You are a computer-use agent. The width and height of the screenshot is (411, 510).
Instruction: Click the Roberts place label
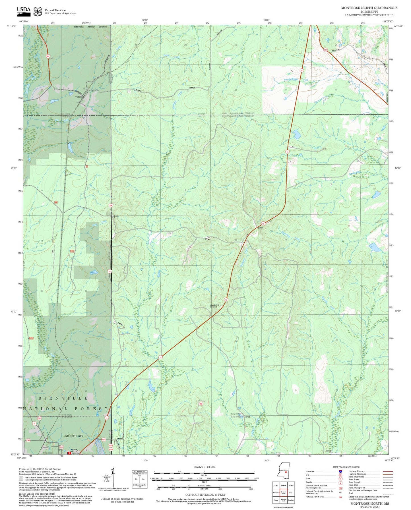(79, 97)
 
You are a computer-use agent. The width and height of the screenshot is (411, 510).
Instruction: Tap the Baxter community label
(261, 228)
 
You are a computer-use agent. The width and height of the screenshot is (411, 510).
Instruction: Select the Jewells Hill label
(214, 305)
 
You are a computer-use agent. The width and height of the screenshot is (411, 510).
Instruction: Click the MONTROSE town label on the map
(74, 436)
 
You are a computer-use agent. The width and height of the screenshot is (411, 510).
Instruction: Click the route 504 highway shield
(325, 50)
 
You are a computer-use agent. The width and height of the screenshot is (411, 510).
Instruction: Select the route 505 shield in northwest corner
(48, 56)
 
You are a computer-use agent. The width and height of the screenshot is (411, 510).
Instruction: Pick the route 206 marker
(201, 404)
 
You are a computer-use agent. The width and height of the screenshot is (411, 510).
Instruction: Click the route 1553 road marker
(104, 439)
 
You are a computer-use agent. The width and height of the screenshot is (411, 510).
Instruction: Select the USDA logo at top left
(24, 11)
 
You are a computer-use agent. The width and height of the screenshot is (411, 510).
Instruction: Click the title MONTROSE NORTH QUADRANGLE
(369, 8)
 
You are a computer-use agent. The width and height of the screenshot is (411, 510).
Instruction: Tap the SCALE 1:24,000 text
(204, 467)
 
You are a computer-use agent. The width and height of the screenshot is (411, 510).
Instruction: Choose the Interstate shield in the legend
(340, 471)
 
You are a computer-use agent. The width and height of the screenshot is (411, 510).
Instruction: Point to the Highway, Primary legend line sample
(388, 471)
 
